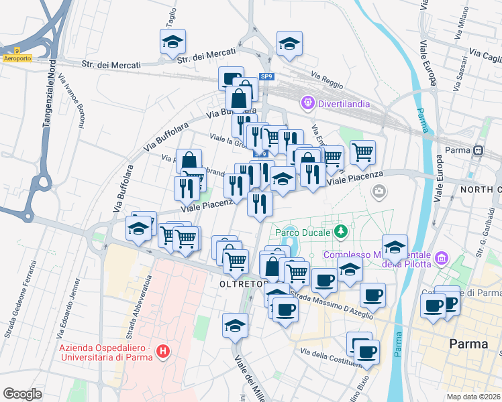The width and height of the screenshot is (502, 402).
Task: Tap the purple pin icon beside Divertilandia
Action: click(x=308, y=103)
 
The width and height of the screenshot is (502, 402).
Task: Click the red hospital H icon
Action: click(x=162, y=350)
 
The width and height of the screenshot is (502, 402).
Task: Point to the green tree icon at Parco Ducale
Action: click(x=342, y=232)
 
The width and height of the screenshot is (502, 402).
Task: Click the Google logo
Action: click(x=23, y=393)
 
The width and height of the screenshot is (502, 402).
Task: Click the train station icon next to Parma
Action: click(x=479, y=150)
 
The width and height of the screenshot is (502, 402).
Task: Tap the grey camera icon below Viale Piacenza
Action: click(x=379, y=192)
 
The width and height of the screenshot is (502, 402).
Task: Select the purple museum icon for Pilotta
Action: click(x=442, y=257)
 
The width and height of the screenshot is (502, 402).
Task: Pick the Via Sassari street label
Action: click(x=462, y=77)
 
